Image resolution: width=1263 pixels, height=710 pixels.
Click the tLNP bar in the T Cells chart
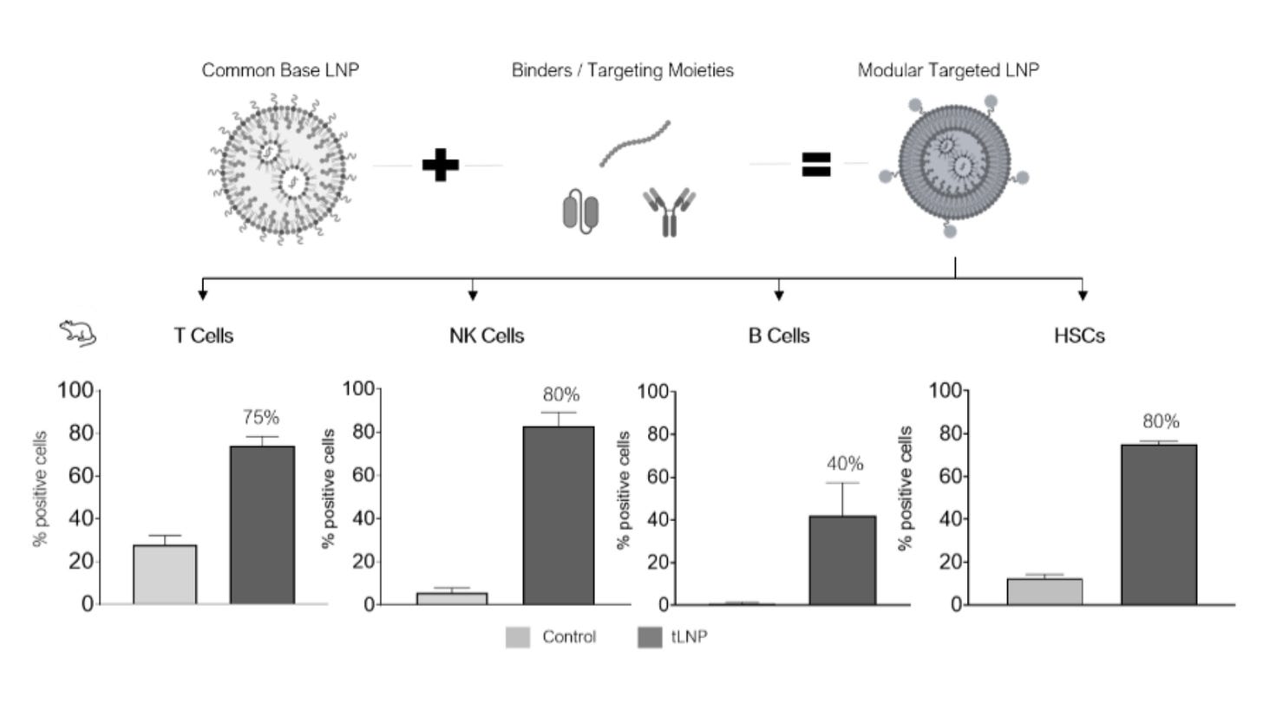(x=262, y=525)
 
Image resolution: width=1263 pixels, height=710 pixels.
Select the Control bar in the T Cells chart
(x=165, y=575)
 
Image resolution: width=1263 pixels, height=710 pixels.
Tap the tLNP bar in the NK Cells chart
(x=559, y=516)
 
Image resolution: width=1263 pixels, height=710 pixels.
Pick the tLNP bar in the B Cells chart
(x=842, y=560)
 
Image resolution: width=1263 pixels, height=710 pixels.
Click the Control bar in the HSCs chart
(x=1044, y=591)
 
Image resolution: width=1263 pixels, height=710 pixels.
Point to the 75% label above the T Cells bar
(x=260, y=418)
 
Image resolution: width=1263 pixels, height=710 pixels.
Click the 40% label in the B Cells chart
(x=845, y=464)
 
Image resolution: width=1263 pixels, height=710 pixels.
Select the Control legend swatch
(x=518, y=637)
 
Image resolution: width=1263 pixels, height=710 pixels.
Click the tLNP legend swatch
(x=650, y=637)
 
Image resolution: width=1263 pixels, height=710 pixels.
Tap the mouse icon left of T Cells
(x=78, y=333)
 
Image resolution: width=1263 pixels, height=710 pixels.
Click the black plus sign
(x=441, y=165)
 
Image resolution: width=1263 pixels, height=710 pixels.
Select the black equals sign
(x=816, y=165)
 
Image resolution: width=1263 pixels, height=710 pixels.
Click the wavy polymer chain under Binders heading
(x=634, y=142)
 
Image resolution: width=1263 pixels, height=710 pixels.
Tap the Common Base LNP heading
(x=280, y=70)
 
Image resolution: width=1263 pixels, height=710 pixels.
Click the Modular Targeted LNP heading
(x=948, y=70)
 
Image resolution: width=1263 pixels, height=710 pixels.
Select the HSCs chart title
(x=1079, y=335)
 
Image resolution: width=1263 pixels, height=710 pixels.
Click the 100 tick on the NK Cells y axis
(x=358, y=388)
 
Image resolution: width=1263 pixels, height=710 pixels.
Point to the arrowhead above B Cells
(x=779, y=296)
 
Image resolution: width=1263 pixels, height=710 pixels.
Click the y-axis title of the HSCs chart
(x=905, y=488)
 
